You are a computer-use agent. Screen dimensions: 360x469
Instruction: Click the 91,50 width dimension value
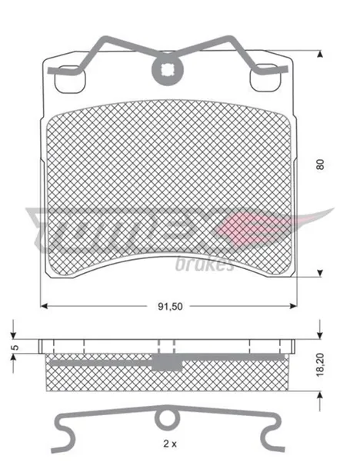170,306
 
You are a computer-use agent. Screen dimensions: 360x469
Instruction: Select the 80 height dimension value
320,165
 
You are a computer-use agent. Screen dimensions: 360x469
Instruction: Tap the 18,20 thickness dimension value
320,364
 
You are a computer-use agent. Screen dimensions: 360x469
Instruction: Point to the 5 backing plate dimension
15,348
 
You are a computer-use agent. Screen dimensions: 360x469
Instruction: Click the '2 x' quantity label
170,444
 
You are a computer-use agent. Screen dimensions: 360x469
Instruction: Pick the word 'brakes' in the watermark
205,264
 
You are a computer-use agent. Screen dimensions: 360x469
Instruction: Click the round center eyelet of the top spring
168,70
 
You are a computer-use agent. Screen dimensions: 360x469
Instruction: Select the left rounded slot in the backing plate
70,79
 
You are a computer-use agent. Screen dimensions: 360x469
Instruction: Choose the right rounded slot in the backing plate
265,78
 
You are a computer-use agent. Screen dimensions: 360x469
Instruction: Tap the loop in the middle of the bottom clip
166,418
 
